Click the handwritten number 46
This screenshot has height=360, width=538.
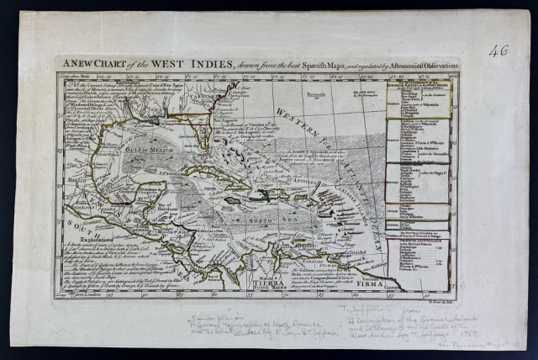point(498,50)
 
